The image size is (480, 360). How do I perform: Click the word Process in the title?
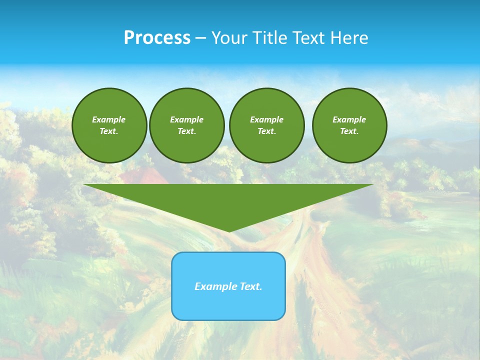click(157, 38)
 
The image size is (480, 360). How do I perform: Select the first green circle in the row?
click(109, 125)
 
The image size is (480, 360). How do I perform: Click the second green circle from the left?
click(187, 125)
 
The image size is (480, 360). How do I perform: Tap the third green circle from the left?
click(266, 125)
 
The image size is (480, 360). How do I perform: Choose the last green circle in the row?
click(349, 125)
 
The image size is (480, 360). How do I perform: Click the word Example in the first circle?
click(108, 119)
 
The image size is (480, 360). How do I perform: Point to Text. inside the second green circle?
click(186, 131)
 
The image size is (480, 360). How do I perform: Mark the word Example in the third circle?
click(266, 119)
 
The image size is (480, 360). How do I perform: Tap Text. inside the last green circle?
click(349, 131)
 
